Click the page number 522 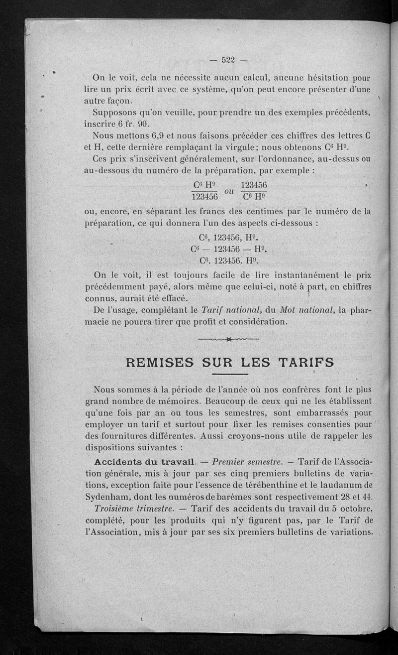point(227,61)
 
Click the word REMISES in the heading point(159,363)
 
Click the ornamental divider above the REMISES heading point(229,340)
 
